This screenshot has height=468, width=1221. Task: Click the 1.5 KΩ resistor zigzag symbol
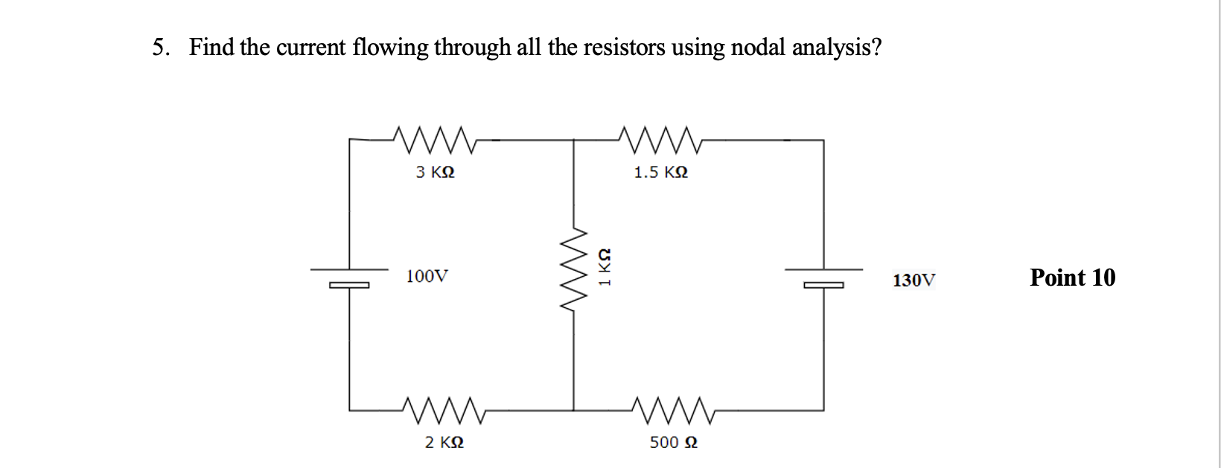tap(661, 138)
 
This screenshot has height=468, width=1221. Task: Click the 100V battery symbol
tap(349, 277)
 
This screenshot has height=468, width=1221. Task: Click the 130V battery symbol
tap(823, 277)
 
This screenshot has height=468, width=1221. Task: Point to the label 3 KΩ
tap(436, 172)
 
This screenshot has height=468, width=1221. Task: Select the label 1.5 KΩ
tap(660, 173)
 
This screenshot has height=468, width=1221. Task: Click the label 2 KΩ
tap(444, 442)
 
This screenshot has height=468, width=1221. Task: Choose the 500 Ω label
tap(673, 442)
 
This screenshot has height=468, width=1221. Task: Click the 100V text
tap(427, 277)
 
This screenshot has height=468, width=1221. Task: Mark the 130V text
tap(914, 281)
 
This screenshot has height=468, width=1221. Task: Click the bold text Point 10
tap(1072, 278)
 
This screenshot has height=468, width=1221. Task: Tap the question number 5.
tap(159, 48)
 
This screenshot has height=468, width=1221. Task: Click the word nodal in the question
tap(758, 48)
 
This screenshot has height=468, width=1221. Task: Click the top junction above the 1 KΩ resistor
tap(573, 139)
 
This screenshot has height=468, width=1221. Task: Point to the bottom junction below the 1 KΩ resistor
tap(573, 410)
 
